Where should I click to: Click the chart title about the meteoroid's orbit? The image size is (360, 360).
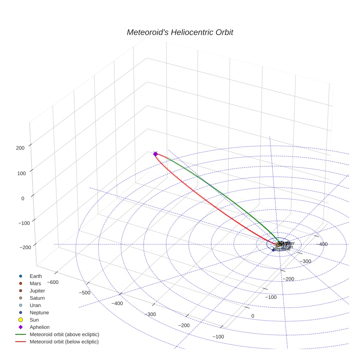(180, 32)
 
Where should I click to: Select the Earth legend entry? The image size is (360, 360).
(36, 276)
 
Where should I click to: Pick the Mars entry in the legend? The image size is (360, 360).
(35, 284)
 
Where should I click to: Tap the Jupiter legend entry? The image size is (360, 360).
(37, 291)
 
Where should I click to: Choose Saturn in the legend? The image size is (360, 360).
(37, 298)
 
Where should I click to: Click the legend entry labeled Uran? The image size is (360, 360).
(35, 305)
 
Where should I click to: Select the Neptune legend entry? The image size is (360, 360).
(39, 313)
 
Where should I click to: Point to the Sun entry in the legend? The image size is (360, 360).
(34, 320)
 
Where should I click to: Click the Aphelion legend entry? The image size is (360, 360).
(39, 327)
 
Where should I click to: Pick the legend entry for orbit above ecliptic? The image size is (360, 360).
(64, 334)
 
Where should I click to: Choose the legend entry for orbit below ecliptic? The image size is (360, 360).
(64, 342)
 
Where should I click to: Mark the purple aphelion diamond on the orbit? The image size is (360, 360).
(155, 154)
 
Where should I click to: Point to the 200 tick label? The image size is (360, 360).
(20, 148)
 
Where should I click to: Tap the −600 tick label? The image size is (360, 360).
(53, 282)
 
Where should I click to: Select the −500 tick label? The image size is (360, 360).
(85, 293)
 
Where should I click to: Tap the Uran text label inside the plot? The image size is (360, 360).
(288, 247)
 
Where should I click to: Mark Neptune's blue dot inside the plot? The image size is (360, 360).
(273, 250)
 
